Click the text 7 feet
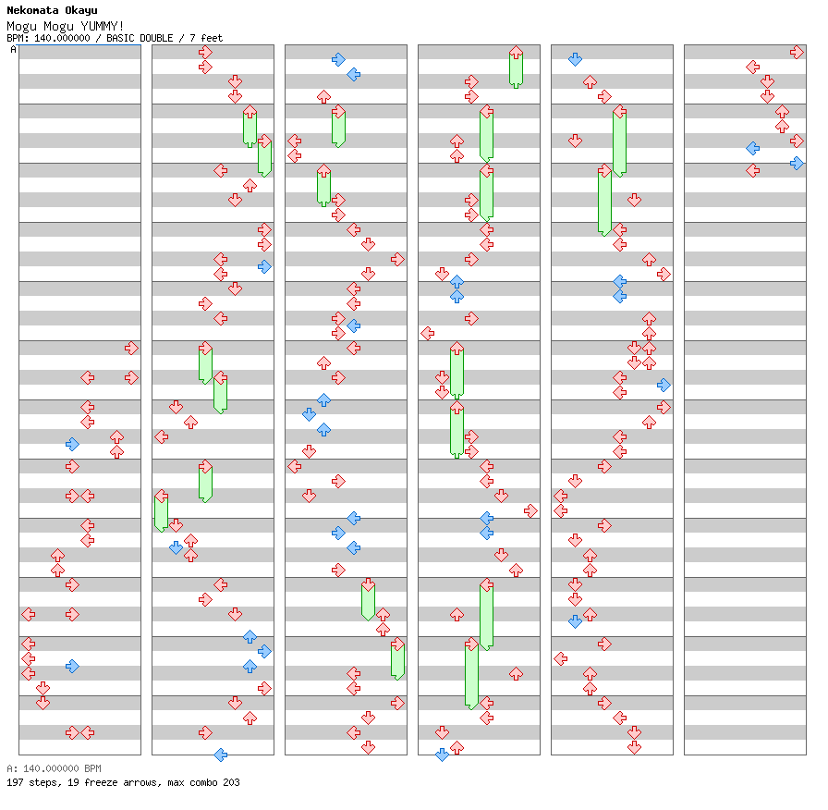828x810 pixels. [207, 38]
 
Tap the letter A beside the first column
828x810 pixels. [13, 50]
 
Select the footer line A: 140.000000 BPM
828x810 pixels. [54, 768]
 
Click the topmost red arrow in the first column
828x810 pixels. [131, 348]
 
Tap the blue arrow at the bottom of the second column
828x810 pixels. [220, 755]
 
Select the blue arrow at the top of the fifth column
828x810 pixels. [575, 59]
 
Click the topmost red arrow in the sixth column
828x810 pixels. [797, 52]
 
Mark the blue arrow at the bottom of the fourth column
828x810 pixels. [442, 755]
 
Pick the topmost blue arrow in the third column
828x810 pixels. [338, 59]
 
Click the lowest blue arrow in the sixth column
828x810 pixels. [797, 163]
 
